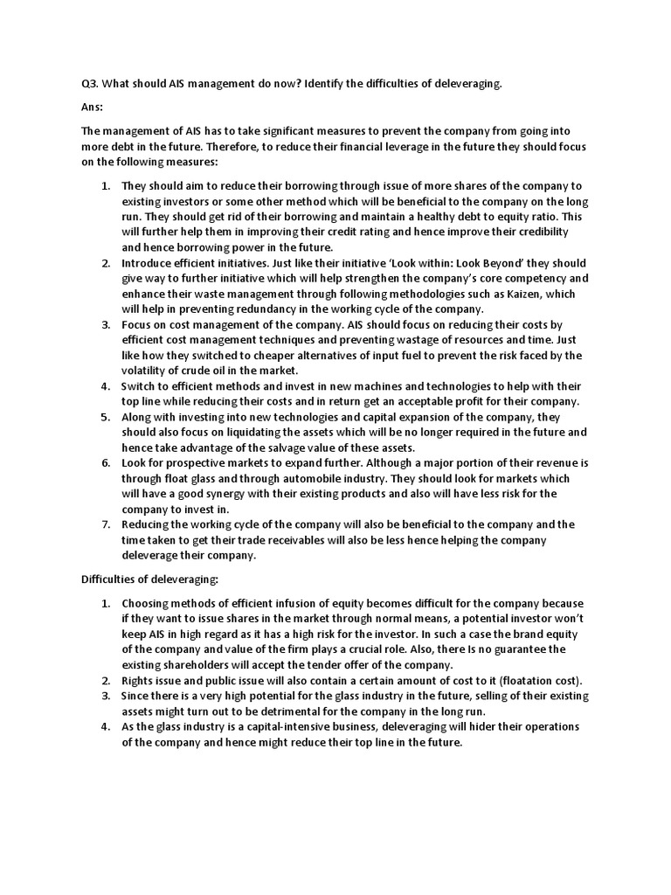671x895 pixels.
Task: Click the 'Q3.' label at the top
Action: (x=89, y=83)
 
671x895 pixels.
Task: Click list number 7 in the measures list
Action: (x=105, y=524)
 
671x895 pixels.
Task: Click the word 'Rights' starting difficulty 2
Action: (x=140, y=680)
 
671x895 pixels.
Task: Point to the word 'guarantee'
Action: (x=536, y=649)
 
